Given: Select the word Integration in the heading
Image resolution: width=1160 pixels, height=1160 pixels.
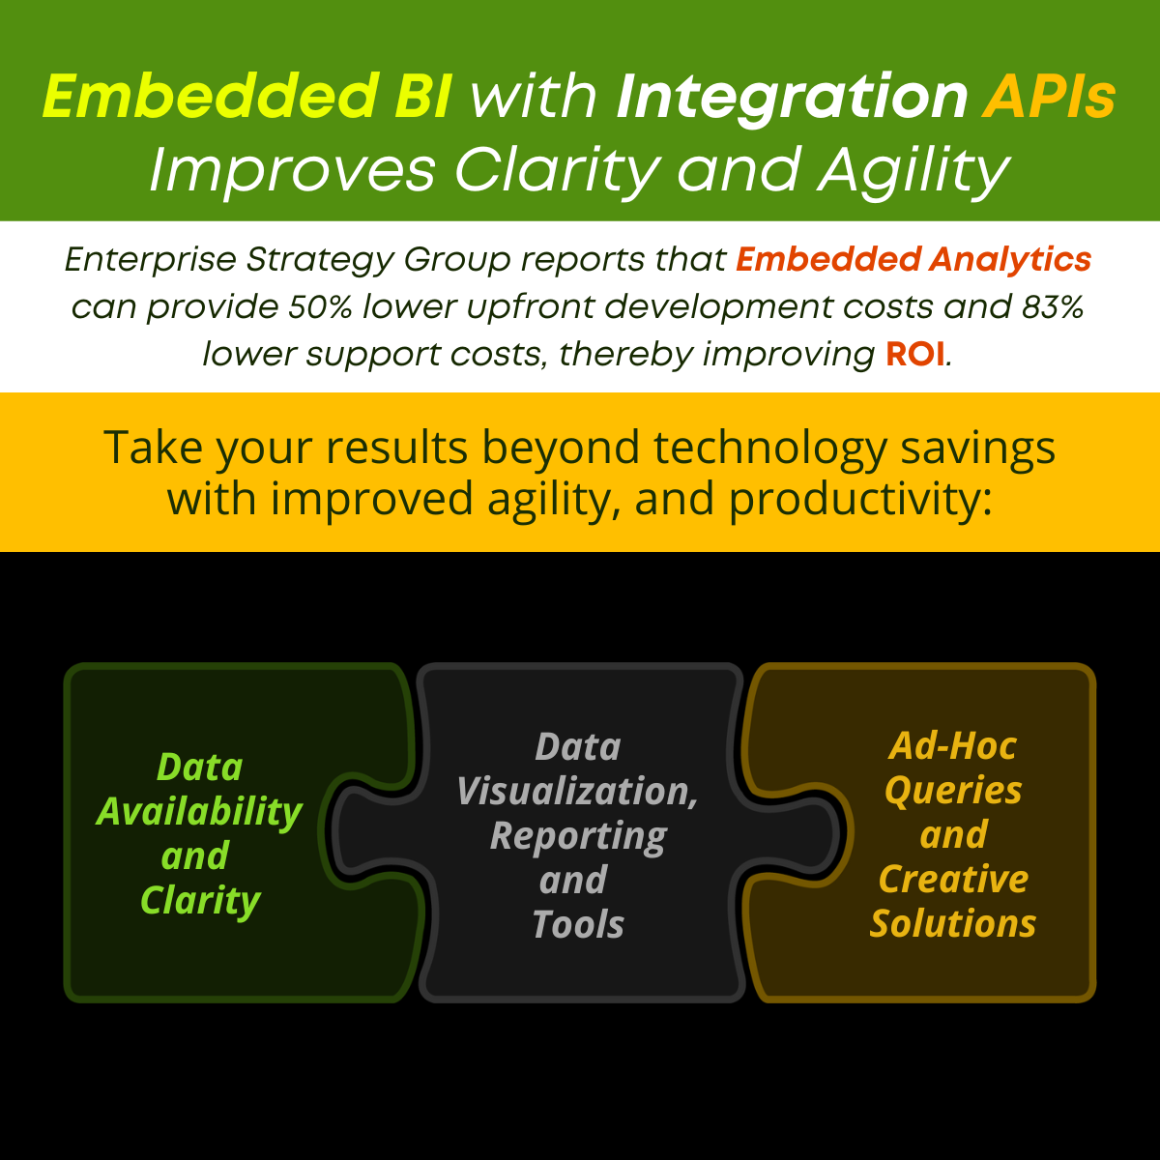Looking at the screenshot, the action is point(791,100).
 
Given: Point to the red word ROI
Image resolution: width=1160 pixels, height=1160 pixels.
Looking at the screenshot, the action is point(915,354).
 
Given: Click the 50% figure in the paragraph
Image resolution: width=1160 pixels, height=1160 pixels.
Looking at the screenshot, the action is point(320,306).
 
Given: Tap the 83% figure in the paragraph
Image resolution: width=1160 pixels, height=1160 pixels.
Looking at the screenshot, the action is point(1053,306).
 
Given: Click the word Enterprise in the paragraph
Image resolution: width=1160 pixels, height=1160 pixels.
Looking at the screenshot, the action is point(150,261).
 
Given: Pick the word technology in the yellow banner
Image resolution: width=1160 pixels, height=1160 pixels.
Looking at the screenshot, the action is point(770,449).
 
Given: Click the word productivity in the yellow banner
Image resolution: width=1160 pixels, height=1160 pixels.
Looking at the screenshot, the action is point(860,500).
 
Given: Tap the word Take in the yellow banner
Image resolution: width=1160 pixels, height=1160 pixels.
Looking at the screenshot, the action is point(153,448).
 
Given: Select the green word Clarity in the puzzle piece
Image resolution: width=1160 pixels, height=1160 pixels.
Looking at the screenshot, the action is point(200,902).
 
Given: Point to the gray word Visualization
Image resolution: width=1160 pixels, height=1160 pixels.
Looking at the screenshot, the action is point(577,793).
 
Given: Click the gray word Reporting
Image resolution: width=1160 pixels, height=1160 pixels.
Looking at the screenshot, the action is point(578,837).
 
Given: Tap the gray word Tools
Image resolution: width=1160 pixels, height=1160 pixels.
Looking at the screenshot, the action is point(578,925).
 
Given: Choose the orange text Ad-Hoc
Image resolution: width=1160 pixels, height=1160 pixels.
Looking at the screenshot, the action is point(953,747).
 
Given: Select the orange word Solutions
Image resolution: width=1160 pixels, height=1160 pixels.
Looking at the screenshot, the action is point(953,923).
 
